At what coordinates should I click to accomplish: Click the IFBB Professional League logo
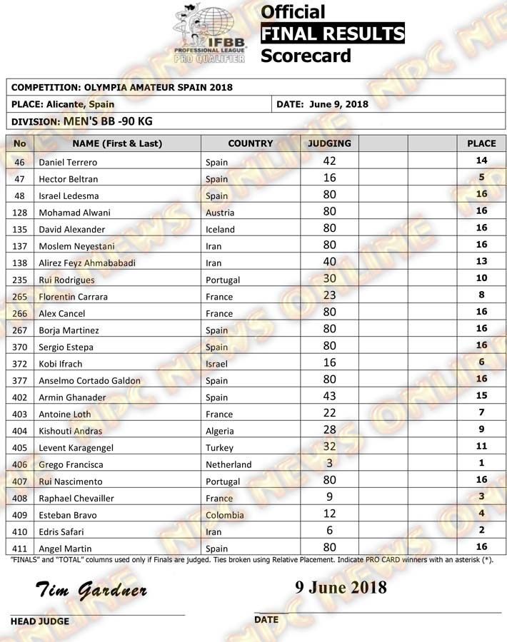coord(210,34)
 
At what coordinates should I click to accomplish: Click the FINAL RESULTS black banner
coord(332,34)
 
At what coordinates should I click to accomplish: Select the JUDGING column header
coord(328,143)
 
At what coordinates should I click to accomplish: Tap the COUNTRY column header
coord(250,143)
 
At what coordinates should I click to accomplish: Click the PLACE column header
coord(481,143)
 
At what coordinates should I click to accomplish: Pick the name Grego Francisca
coord(69,464)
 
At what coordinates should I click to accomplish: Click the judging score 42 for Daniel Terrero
coord(329,161)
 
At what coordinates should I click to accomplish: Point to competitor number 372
coord(19,364)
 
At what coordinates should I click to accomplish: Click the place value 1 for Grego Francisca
coord(481,464)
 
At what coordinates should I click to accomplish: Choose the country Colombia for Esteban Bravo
coord(225,515)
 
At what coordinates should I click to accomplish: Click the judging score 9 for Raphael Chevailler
coord(329,497)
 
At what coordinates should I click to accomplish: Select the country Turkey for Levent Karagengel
coord(219,447)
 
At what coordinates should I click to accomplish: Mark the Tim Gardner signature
coord(91,590)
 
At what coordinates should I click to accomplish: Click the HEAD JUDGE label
coord(40,621)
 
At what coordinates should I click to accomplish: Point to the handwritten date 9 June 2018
coord(341,587)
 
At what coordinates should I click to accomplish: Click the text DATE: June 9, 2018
coord(322,104)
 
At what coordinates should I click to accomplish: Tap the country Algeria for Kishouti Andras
coord(221,431)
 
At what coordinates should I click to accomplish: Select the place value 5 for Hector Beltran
coord(481,178)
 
